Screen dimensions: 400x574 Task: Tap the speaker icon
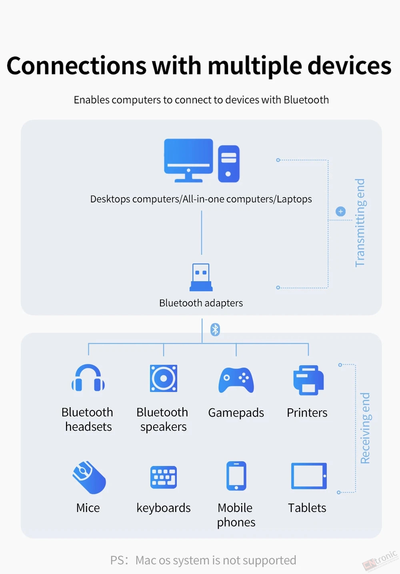coord(164,378)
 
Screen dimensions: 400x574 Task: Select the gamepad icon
coord(236,380)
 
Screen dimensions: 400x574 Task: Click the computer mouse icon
coord(89,477)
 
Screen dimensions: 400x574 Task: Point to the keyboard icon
coord(164,477)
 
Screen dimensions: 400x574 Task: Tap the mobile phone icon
coord(236,476)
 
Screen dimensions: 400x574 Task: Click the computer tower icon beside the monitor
coord(228,164)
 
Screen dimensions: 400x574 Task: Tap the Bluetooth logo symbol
coord(215,330)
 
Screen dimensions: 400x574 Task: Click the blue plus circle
coord(340,212)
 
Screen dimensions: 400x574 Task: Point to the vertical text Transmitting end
coord(360,223)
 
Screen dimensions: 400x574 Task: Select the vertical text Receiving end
coord(366,428)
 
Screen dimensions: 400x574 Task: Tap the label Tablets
coord(307,508)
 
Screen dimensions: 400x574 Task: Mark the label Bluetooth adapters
coord(201,303)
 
